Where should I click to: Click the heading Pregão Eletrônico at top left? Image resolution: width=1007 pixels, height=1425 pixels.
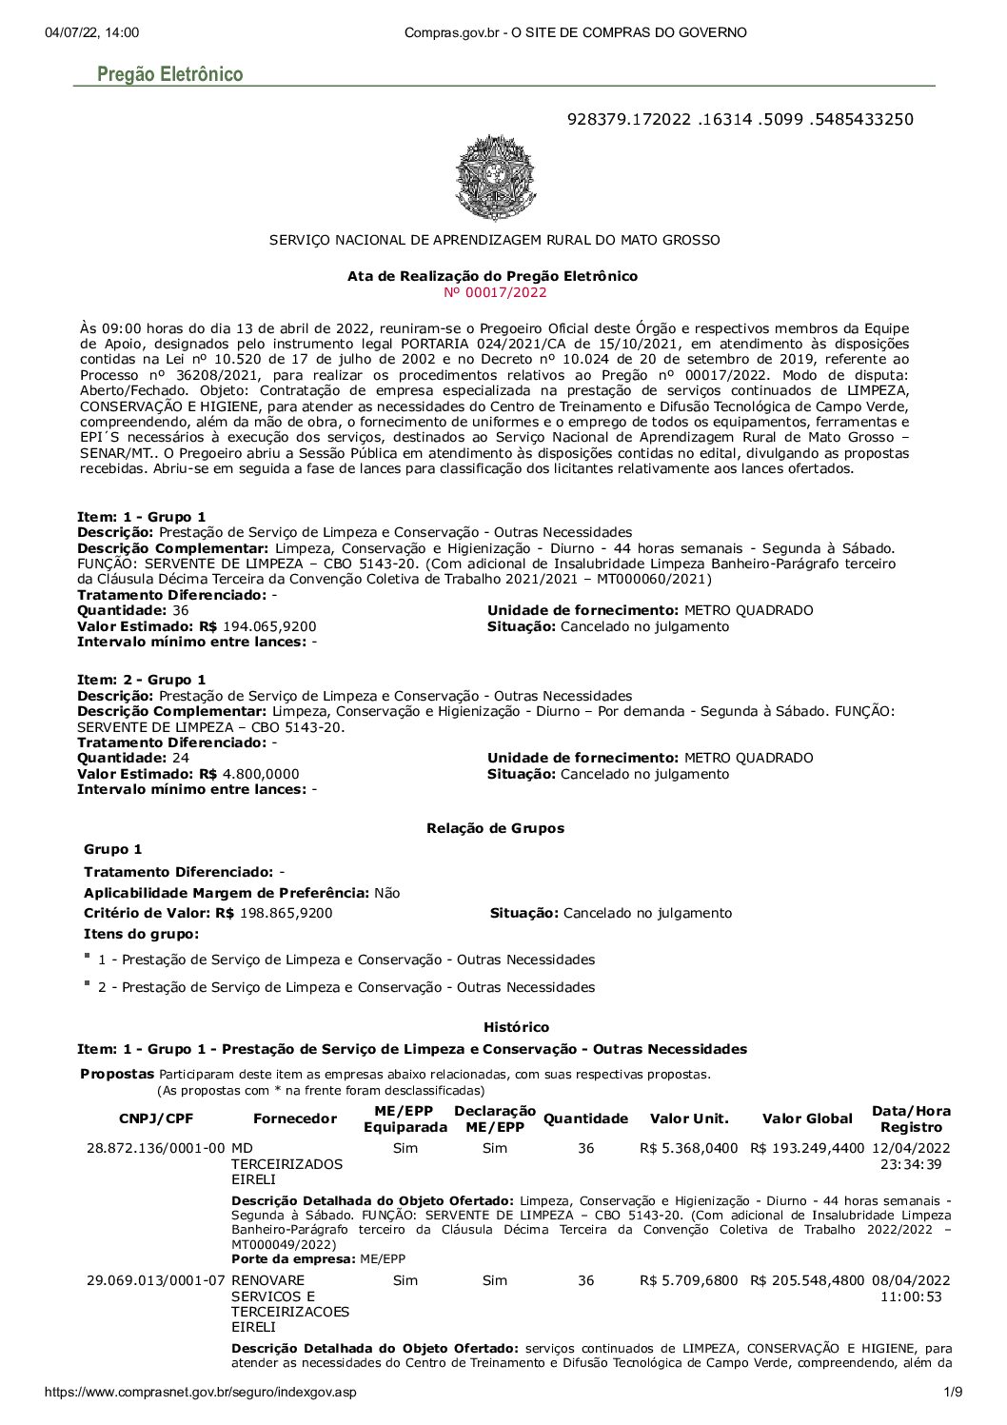169,74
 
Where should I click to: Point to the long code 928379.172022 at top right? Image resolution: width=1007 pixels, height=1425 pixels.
740,119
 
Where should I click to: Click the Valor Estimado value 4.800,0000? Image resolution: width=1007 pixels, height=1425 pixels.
261,774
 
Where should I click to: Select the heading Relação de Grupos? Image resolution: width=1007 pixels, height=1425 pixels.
495,828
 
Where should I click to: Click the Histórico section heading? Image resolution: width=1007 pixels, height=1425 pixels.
516,1027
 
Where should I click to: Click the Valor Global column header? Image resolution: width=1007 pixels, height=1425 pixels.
807,1118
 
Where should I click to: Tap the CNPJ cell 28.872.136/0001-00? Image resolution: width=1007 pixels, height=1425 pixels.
156,1148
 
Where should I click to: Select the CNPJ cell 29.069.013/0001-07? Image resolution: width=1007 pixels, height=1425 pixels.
156,1280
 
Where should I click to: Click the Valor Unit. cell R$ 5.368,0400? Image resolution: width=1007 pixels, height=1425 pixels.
688,1148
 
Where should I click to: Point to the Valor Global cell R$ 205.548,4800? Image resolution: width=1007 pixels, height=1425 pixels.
807,1280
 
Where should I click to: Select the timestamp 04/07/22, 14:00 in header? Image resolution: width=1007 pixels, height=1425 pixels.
91,32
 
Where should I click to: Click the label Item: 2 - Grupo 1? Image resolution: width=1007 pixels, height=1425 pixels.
141,680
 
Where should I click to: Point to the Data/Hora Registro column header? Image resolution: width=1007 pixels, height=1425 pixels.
911,1118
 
